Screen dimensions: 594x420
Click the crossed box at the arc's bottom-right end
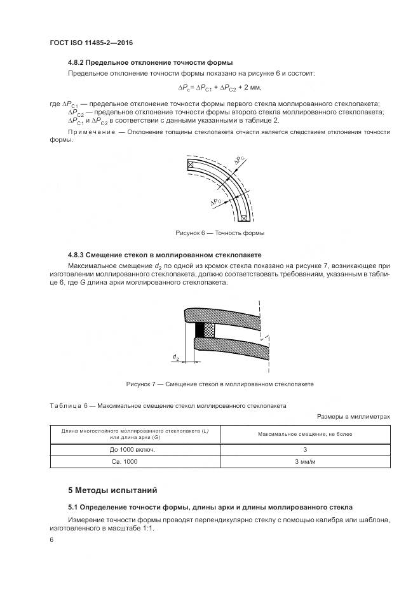(x=243, y=217)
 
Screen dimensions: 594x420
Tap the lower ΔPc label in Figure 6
(x=216, y=201)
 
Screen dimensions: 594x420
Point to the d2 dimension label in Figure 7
(x=175, y=357)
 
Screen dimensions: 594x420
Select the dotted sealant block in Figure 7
(x=209, y=330)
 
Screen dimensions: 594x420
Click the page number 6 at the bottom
(x=51, y=539)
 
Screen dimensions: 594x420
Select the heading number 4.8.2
(x=76, y=63)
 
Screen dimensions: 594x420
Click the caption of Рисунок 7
(x=220, y=384)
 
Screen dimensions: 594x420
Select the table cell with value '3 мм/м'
(x=304, y=462)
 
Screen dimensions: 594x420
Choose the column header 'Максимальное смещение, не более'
(x=304, y=433)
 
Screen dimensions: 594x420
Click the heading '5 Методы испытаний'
(x=112, y=490)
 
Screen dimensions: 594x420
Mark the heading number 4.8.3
(x=76, y=254)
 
